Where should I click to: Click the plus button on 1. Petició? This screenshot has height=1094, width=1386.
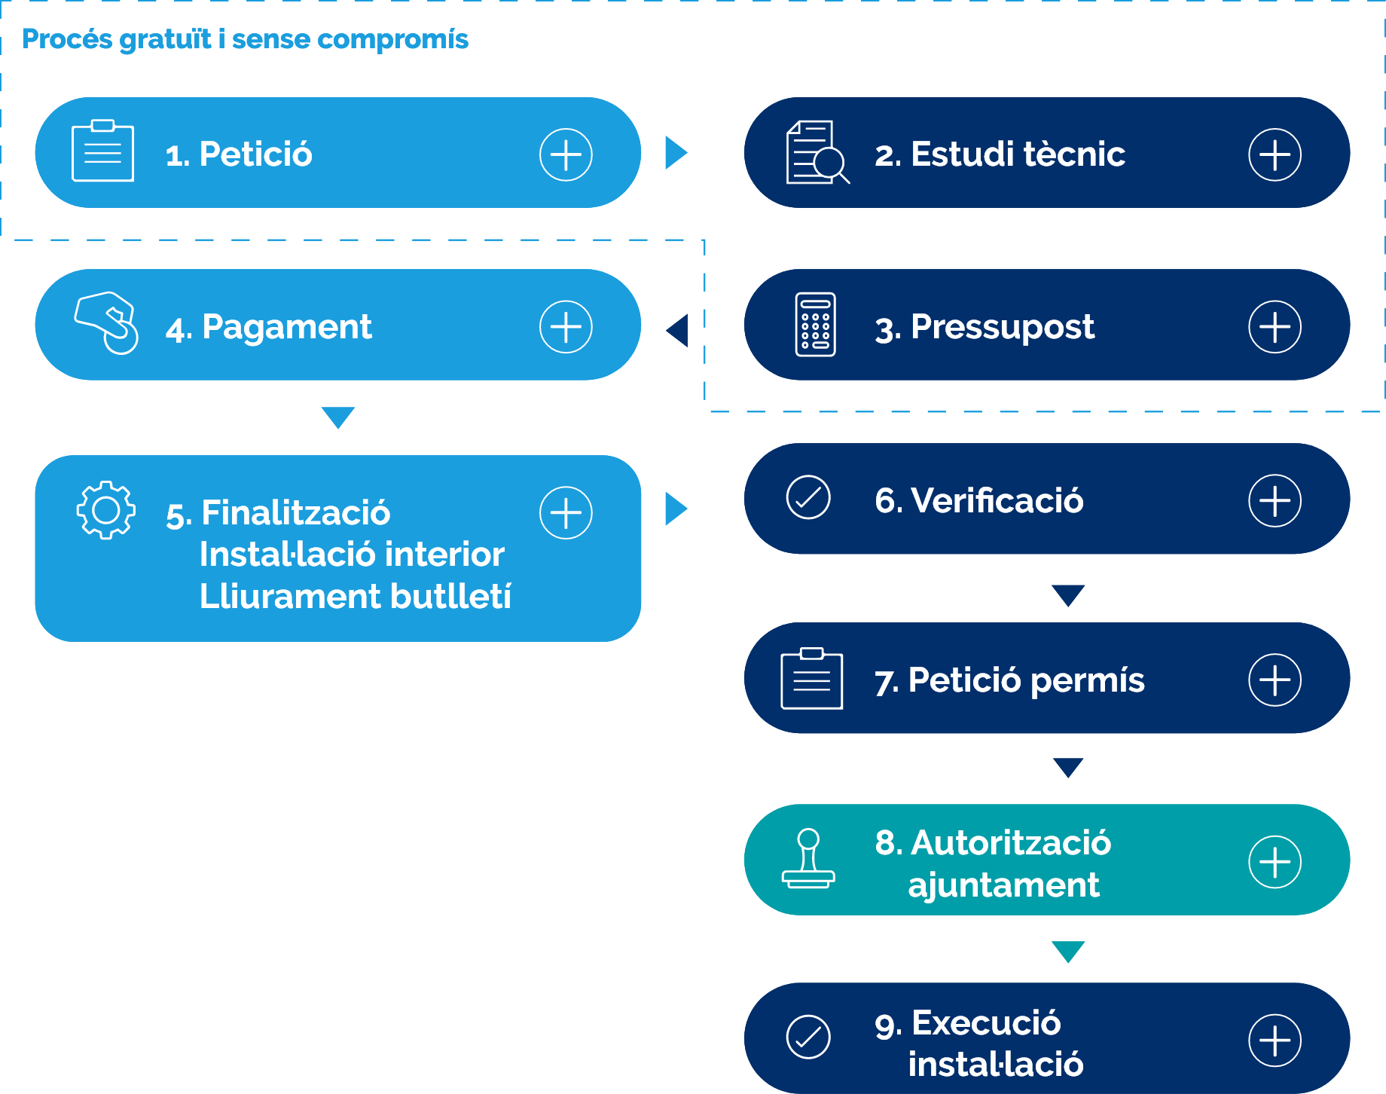(x=566, y=154)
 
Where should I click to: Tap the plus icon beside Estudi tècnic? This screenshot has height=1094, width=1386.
(x=1275, y=154)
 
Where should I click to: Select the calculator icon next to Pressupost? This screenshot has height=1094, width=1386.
(x=815, y=325)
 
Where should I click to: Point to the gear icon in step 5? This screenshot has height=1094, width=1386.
(x=106, y=510)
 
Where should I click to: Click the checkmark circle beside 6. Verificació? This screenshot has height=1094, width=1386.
(x=808, y=498)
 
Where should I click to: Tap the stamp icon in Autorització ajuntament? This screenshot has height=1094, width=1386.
(x=808, y=859)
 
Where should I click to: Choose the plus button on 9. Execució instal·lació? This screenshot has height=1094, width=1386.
(x=1275, y=1041)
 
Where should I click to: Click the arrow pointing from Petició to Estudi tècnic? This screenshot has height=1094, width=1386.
(x=675, y=153)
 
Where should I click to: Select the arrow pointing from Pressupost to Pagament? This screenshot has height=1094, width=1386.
(x=678, y=330)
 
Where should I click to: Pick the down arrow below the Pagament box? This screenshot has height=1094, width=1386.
(x=337, y=416)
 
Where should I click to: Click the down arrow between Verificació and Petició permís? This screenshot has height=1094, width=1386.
(x=1068, y=594)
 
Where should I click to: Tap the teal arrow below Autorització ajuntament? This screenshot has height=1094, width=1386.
(x=1068, y=950)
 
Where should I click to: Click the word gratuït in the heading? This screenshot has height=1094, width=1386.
(x=165, y=39)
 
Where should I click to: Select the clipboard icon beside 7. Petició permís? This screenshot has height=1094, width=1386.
(x=811, y=679)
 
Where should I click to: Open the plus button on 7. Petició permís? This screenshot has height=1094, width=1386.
(x=1275, y=680)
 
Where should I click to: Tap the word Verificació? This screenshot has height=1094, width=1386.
(x=997, y=500)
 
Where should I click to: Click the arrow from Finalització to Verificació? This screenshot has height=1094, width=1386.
(x=675, y=509)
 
